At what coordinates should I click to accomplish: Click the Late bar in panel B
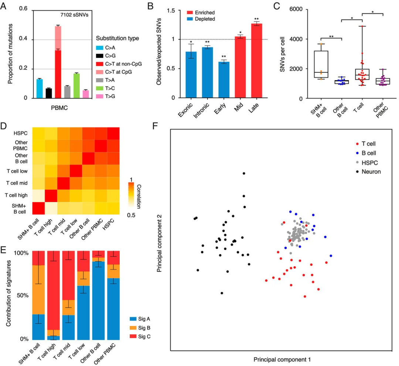(x=257, y=61)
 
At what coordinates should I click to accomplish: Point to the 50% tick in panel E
(x=21, y=296)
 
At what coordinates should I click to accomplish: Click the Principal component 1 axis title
(x=282, y=359)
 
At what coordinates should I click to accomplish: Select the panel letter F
(x=156, y=127)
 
